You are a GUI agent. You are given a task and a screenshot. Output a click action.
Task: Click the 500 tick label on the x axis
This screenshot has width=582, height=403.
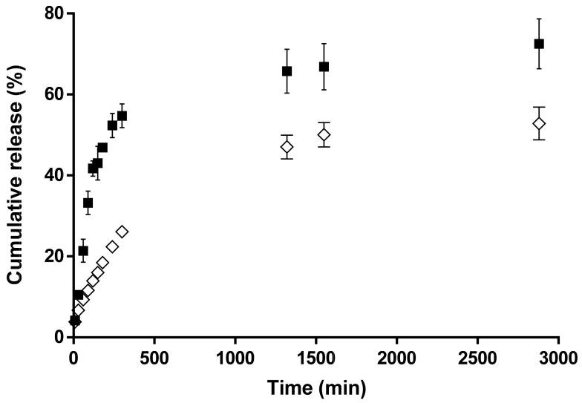pyautogui.click(x=154, y=360)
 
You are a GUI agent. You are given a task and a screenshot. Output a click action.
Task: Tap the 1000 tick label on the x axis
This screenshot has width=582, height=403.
pyautogui.click(x=235, y=360)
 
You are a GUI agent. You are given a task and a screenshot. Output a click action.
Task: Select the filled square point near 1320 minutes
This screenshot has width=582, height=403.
pyautogui.click(x=287, y=71)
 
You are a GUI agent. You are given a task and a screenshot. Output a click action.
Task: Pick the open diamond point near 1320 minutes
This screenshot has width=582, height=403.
pyautogui.click(x=287, y=147)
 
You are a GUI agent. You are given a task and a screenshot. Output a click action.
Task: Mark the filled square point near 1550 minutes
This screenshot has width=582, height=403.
pyautogui.click(x=324, y=67)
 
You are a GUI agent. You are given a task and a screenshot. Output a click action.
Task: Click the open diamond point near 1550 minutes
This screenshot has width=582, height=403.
pyautogui.click(x=324, y=135)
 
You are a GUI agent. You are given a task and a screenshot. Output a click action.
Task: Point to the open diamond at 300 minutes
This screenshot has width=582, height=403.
pyautogui.click(x=122, y=232)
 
